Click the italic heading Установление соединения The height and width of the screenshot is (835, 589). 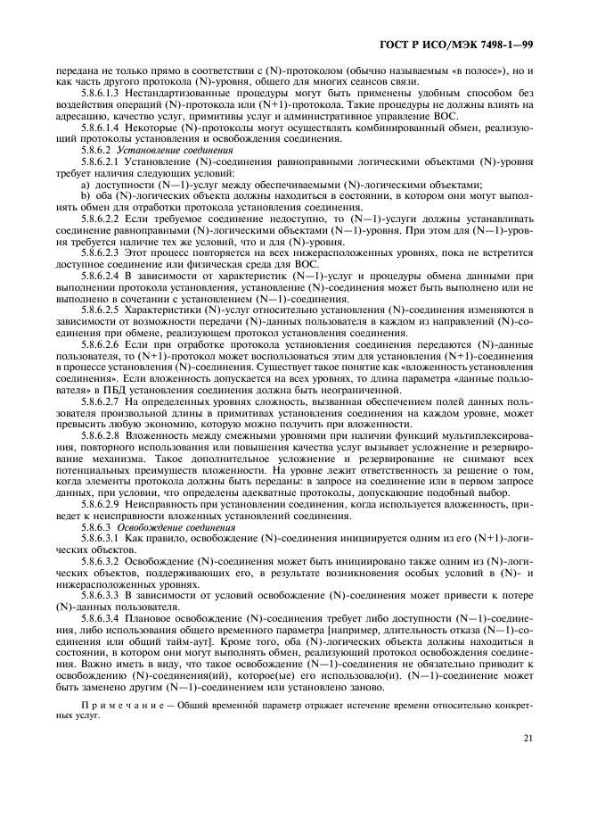162,150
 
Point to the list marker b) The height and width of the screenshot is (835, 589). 86,189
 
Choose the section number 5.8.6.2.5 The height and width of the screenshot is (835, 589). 101,308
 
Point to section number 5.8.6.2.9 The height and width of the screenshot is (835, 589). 101,504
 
